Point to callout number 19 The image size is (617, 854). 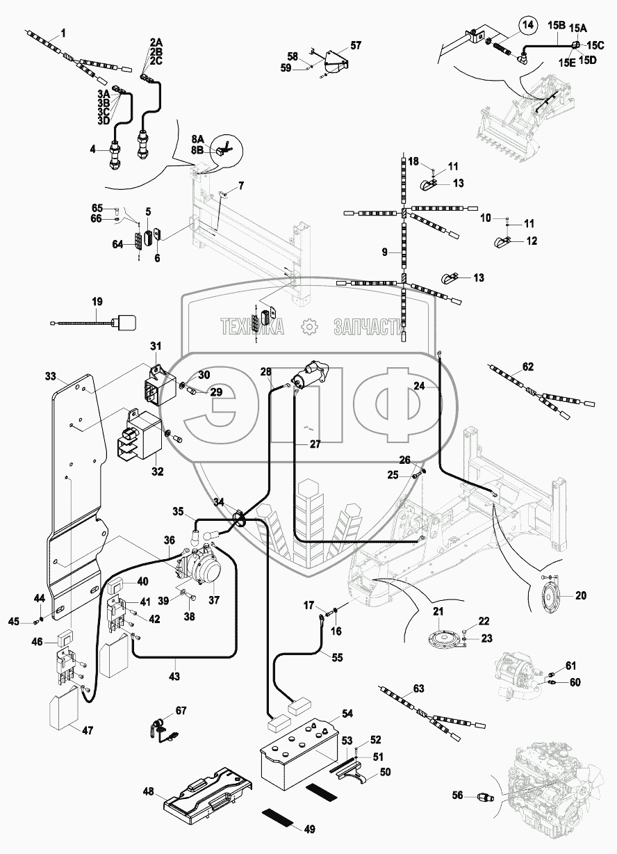tap(97, 302)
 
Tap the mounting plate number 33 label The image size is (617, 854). tap(50, 376)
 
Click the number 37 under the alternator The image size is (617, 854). tap(213, 601)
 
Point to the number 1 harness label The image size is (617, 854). tap(63, 33)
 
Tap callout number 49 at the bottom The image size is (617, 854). tap(310, 828)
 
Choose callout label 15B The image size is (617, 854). tap(557, 26)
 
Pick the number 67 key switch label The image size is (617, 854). tap(180, 710)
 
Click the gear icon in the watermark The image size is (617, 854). tap(308, 326)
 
